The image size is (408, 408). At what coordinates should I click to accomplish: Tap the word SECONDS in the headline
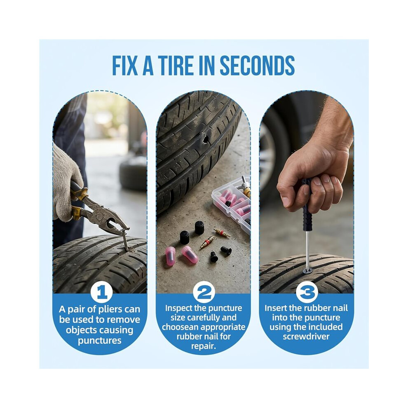(257, 65)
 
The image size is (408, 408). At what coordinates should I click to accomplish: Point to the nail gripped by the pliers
(125, 241)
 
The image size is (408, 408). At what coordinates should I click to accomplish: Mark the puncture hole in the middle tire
(206, 139)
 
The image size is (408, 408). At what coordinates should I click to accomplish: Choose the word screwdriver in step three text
(306, 336)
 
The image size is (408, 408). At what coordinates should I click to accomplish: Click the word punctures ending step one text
(100, 340)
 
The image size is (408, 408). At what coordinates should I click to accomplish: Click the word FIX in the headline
(124, 65)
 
